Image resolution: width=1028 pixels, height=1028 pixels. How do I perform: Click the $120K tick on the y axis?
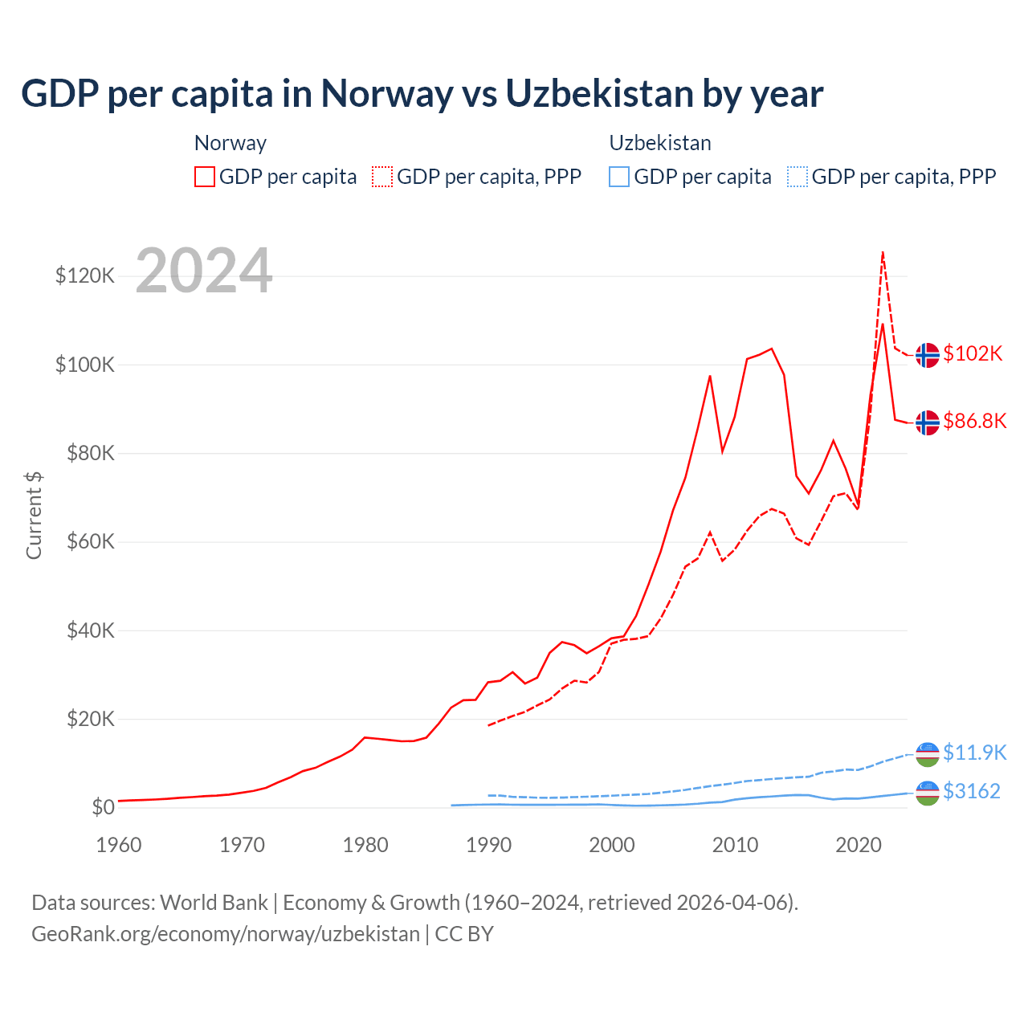[x=85, y=276]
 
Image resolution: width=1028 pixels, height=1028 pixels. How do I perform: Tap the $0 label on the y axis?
[x=104, y=807]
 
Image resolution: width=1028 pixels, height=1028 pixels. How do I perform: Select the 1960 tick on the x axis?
[x=119, y=845]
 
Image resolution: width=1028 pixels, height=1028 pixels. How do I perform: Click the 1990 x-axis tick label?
[x=489, y=845]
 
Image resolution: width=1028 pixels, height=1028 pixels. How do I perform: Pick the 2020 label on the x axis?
[x=859, y=845]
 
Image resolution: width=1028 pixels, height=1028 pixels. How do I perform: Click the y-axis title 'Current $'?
[x=34, y=515]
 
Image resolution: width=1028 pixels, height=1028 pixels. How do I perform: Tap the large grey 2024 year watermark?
[x=204, y=271]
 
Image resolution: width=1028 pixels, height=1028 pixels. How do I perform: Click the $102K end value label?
[x=973, y=353]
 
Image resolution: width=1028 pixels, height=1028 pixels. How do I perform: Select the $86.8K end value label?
[x=974, y=421]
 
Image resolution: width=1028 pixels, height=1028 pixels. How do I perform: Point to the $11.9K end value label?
[x=974, y=753]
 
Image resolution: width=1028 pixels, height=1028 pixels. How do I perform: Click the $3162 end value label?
[x=972, y=791]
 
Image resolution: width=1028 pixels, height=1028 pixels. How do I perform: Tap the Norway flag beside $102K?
[x=928, y=354]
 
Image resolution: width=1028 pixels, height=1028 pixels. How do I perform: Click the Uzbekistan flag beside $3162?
[x=928, y=793]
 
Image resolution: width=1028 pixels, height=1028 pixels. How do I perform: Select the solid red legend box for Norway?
[x=205, y=177]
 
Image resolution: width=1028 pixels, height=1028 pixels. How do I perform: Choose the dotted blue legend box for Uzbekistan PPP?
[x=798, y=177]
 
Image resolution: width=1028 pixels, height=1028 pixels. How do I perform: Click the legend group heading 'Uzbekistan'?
[x=660, y=143]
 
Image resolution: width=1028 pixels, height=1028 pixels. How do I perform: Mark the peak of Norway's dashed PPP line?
[x=883, y=252]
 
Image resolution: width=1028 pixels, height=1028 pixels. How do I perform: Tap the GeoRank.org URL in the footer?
[x=226, y=934]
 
